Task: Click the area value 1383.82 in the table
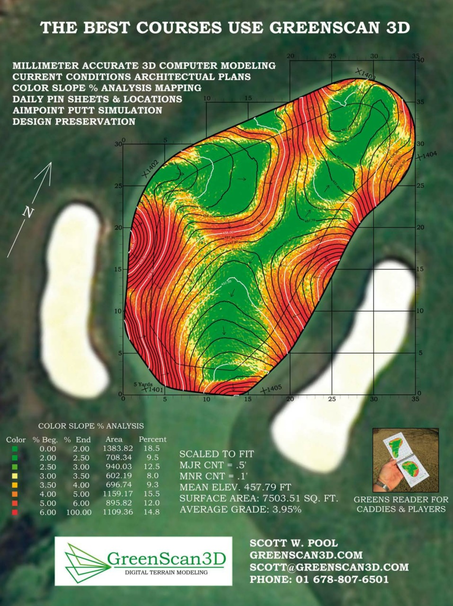(x=117, y=448)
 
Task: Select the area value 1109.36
(x=117, y=512)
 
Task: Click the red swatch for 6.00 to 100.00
(x=15, y=512)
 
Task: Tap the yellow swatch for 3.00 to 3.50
(x=15, y=476)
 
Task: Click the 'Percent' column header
(x=152, y=439)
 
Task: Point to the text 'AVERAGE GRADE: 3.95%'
(x=240, y=509)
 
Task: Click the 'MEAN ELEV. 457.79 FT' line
(x=235, y=487)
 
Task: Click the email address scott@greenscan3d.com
(x=329, y=567)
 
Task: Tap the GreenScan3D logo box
(x=143, y=561)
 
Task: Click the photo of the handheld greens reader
(x=405, y=459)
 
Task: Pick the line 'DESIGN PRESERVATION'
(x=74, y=122)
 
